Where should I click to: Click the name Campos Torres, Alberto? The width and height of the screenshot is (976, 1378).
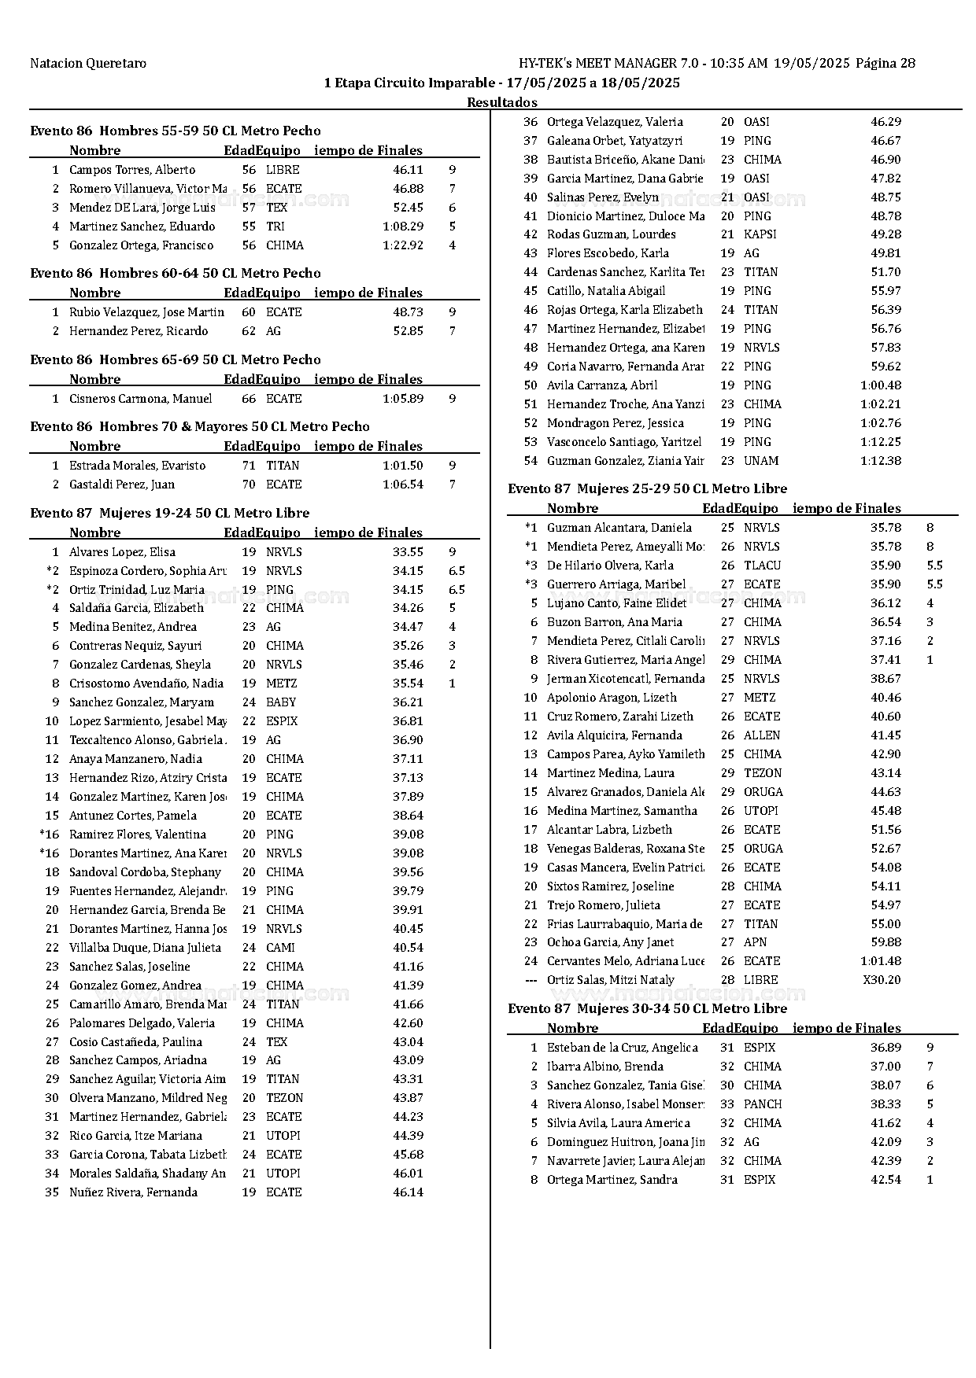coord(132,170)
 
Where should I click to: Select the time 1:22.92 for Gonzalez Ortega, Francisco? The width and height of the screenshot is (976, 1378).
coord(403,245)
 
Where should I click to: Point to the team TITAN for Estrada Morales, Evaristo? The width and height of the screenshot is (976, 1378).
coord(283,466)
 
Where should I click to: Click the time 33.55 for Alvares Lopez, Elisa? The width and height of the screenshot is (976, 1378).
coord(408,552)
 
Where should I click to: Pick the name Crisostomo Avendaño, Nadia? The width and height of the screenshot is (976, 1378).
coord(146,683)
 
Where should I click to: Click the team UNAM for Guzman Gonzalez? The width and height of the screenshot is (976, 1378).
coord(760,461)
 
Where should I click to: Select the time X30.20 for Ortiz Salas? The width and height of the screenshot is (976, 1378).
coord(882,980)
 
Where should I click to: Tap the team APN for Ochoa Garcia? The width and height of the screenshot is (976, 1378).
coord(755,942)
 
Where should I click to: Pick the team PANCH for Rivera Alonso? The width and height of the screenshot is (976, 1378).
coord(763,1104)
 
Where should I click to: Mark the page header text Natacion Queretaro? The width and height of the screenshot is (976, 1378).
coord(88,63)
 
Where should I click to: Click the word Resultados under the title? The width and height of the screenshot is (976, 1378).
coord(502,102)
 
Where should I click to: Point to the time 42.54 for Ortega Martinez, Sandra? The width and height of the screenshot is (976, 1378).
coord(885,1180)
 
